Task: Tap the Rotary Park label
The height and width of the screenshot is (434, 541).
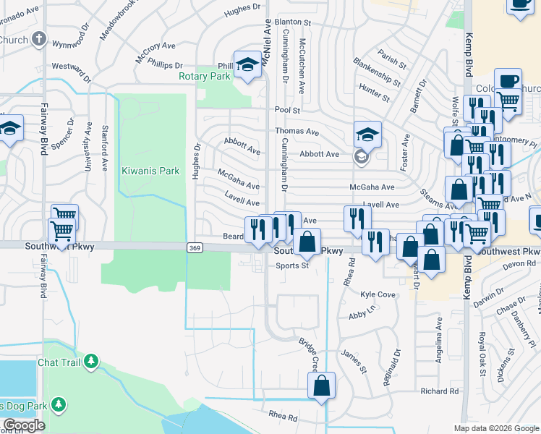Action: [205, 75]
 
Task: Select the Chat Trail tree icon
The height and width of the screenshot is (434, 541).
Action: [91, 361]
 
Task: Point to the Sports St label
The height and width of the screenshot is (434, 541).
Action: [291, 265]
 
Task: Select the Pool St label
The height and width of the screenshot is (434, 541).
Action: [286, 110]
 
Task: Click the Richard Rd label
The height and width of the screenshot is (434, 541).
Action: [440, 391]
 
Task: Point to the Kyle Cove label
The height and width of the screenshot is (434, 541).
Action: [378, 295]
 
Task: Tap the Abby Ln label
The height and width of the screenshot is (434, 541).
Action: [362, 315]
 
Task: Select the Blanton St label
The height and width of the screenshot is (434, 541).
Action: [291, 22]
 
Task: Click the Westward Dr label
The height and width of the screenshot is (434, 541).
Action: [72, 72]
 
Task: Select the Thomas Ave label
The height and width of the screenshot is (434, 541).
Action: [297, 132]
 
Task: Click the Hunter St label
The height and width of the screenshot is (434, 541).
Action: [374, 92]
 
